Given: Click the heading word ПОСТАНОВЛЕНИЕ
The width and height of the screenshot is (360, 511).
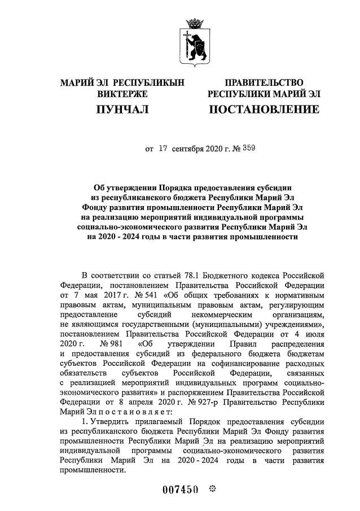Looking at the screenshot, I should (264, 108).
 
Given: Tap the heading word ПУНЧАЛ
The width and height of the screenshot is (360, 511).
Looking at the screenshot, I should (122, 108).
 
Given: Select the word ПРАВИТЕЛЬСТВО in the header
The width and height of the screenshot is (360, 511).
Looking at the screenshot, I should (264, 83).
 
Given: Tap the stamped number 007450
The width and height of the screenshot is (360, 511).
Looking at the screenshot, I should (181, 490).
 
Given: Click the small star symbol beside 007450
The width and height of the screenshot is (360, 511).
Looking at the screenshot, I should (213, 489).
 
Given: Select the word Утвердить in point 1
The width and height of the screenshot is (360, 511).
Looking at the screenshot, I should (108, 421).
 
